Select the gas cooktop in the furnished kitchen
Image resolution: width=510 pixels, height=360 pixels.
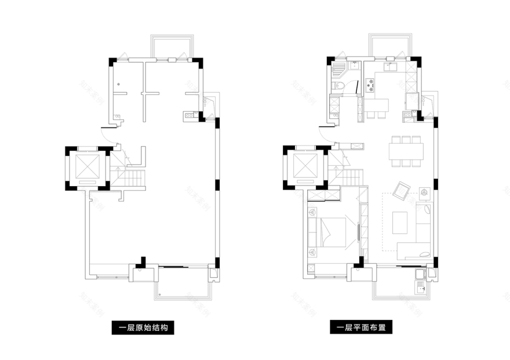pyautogui.click(x=371, y=86)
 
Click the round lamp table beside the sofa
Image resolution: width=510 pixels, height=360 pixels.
pyautogui.click(x=424, y=191)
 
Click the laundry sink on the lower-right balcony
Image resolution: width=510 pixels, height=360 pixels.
pyautogui.click(x=421, y=285)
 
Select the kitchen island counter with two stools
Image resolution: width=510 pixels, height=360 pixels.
pyautogui.click(x=376, y=105)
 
